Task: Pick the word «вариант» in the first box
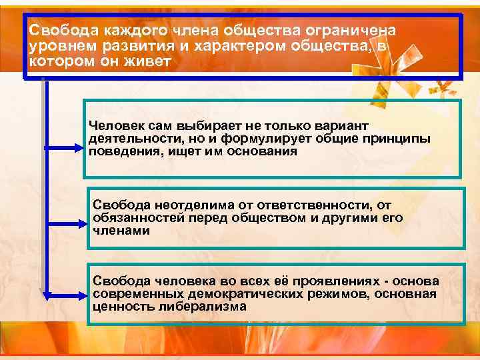339,126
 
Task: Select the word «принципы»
397,139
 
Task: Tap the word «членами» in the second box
121,231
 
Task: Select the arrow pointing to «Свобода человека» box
67,293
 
